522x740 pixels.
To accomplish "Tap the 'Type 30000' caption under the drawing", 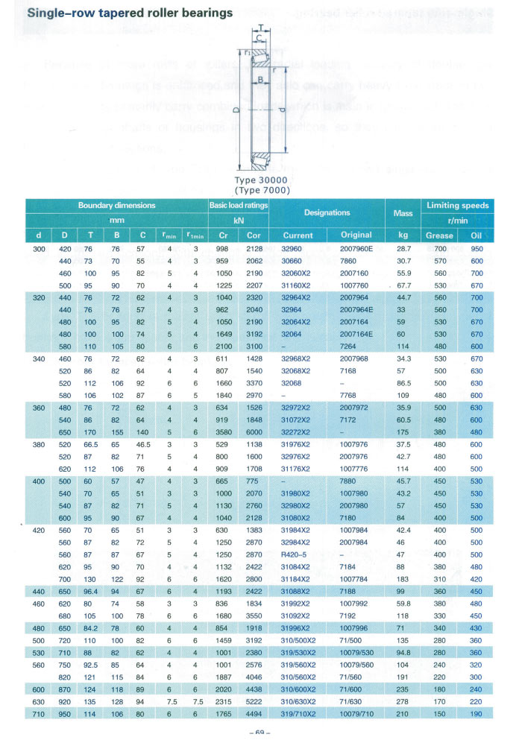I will tap(260, 180).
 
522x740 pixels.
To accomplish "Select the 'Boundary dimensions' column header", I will tap(116, 205).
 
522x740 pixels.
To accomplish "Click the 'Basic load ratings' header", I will tap(238, 205).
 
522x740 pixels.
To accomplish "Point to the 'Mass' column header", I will tap(403, 212).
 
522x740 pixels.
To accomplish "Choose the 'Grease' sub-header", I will tap(439, 235).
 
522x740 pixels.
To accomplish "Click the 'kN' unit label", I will tap(238, 220).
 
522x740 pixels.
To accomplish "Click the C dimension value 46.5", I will tap(143, 445).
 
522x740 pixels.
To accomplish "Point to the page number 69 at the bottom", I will tap(260, 733).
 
